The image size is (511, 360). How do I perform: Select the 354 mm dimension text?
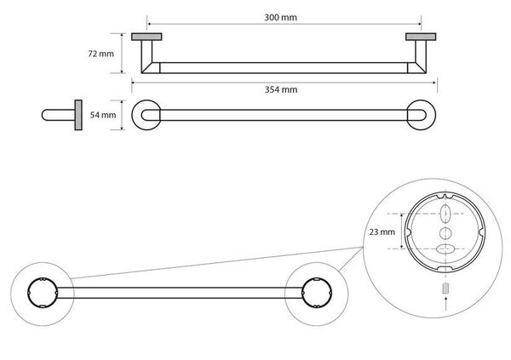284,89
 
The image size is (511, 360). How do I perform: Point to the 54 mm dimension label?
102,115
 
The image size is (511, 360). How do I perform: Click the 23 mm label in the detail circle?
382,231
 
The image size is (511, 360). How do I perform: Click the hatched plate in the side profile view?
78,115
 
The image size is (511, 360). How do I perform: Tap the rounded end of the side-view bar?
46,115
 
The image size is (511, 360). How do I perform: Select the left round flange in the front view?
146,115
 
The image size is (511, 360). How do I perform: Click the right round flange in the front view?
422,115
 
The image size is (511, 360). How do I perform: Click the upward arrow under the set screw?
443,301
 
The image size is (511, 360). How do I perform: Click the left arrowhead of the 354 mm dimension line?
135,82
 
